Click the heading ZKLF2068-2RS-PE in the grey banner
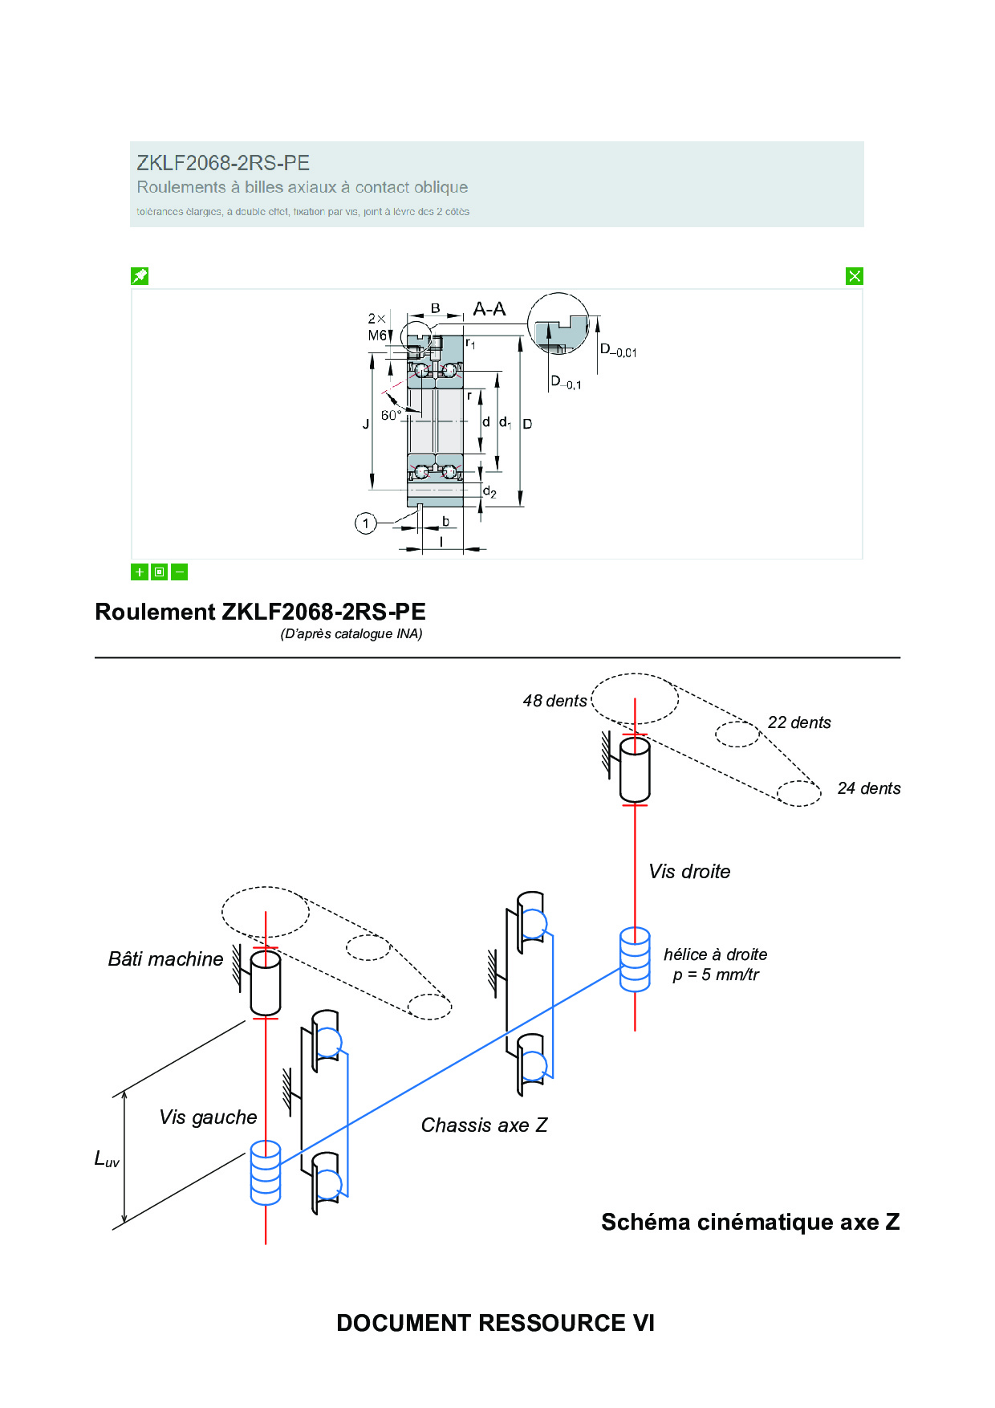[x=223, y=163]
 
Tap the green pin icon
[x=140, y=276]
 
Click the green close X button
[x=855, y=276]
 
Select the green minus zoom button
[x=180, y=572]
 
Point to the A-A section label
[x=489, y=310]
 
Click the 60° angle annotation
[x=391, y=415]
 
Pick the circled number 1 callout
[x=366, y=524]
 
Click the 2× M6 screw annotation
[x=377, y=327]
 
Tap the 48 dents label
[x=554, y=701]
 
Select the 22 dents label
[x=799, y=722]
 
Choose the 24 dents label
[x=869, y=788]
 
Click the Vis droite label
[x=689, y=872]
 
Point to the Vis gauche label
[x=208, y=1117]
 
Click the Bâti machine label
[x=165, y=959]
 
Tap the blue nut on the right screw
[x=635, y=959]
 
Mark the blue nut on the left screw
[x=266, y=1173]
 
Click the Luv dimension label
[x=107, y=1159]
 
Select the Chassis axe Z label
[x=484, y=1125]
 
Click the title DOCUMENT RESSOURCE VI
[x=495, y=1323]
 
